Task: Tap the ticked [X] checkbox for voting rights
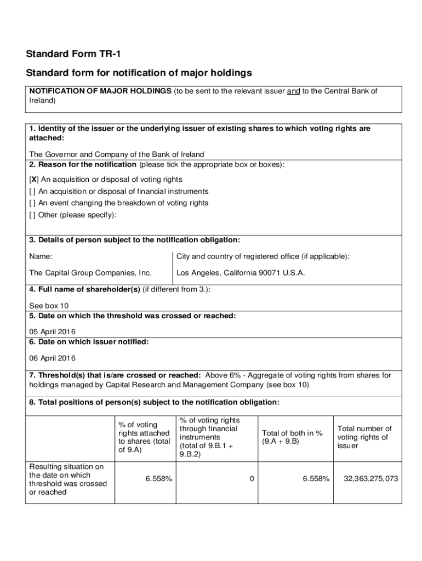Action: coord(33,180)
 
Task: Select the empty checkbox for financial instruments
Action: coord(32,192)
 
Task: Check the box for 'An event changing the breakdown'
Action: coord(32,203)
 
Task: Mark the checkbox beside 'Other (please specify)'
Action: coord(32,215)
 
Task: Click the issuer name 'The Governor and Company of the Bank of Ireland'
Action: coord(116,154)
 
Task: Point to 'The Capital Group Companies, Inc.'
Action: coord(90,273)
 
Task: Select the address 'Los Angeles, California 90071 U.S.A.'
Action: coord(241,273)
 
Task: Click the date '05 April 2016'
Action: coord(52,331)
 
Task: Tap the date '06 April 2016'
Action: coord(52,358)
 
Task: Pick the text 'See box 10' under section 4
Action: coord(49,306)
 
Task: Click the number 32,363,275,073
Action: coord(370,479)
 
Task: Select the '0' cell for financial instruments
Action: coord(252,479)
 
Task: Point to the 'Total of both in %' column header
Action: coord(292,437)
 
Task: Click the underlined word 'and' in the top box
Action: coord(293,91)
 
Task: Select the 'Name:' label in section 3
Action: coord(41,256)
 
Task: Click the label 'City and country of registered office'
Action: coord(263,256)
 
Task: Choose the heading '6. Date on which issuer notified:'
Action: coord(89,342)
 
